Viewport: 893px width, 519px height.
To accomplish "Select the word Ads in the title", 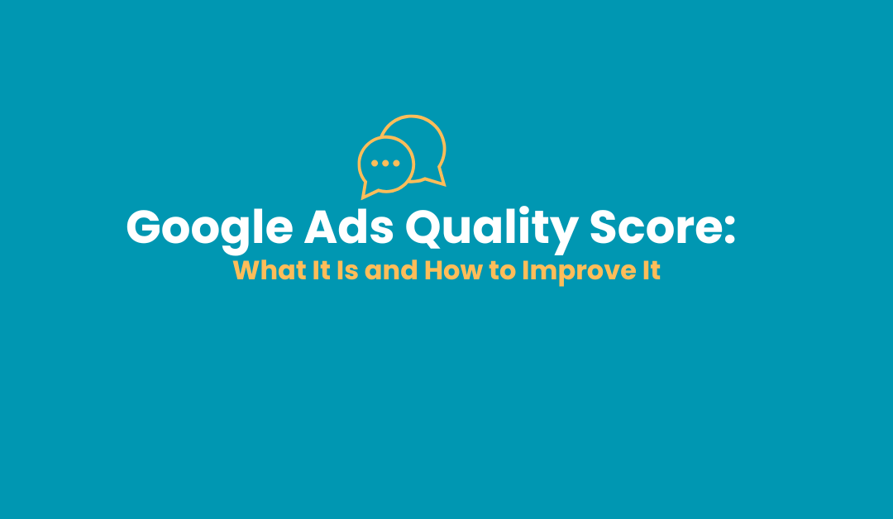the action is click(x=349, y=227).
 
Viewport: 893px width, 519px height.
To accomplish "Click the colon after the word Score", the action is click(x=728, y=230).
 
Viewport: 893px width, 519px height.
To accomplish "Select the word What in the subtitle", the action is click(x=270, y=270).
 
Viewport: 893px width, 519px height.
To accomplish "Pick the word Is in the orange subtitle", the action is click(x=347, y=270).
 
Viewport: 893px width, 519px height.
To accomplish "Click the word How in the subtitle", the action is click(x=453, y=270).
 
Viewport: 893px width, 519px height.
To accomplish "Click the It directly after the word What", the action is click(x=322, y=270).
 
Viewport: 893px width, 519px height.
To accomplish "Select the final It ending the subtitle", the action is click(x=652, y=270).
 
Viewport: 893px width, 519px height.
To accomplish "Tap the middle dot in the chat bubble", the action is click(x=385, y=164).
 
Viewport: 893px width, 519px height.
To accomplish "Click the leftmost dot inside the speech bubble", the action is click(x=375, y=164).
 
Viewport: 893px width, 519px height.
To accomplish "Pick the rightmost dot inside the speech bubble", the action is click(x=396, y=164).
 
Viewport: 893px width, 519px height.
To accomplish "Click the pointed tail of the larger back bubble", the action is click(x=444, y=185).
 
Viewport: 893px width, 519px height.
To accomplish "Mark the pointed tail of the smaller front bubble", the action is click(x=362, y=198).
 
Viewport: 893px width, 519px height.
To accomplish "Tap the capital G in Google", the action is click(x=144, y=227).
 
